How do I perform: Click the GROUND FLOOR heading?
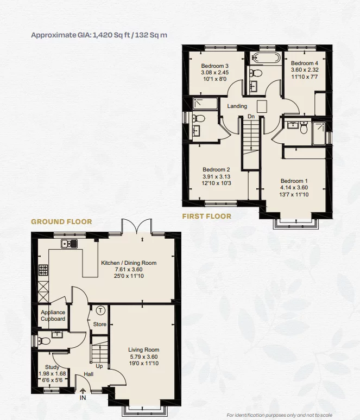61,221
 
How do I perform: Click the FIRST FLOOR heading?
206,216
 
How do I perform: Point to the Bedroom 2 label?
217,169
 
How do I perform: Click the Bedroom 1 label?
294,181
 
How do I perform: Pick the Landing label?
237,106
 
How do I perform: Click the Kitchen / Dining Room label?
129,263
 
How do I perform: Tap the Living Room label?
144,349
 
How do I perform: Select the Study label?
52,367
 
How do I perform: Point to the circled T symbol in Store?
100,310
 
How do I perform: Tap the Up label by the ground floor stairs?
99,366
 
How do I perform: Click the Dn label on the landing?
250,116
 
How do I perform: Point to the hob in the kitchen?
43,270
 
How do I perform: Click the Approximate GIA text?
99,35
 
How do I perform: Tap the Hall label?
88,374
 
